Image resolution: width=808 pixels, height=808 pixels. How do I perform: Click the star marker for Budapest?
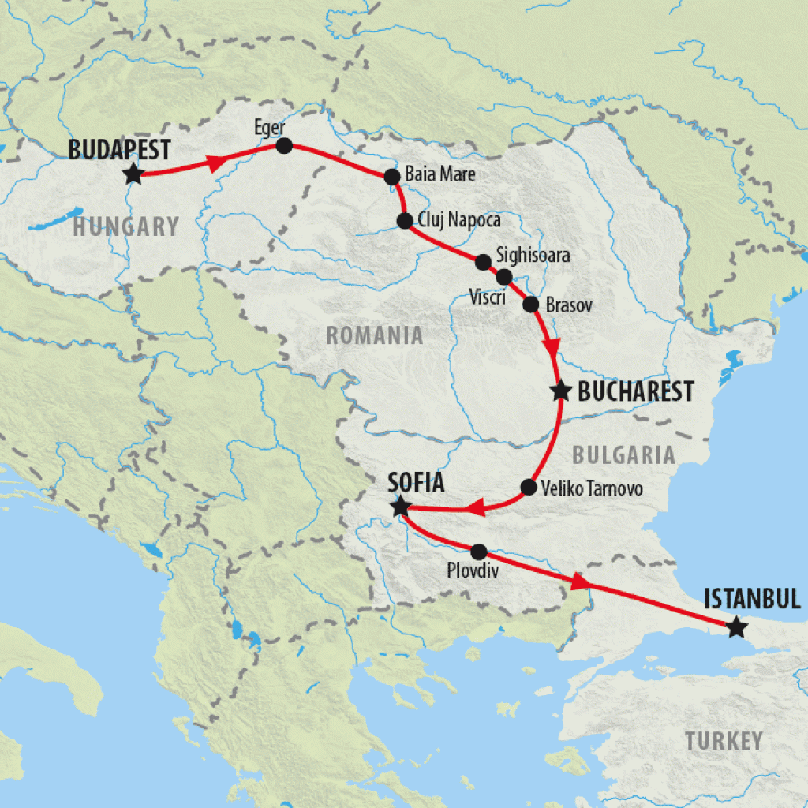133,174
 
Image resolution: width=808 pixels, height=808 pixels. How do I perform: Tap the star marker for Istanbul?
735,628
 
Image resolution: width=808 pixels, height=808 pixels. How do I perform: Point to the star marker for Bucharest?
561,391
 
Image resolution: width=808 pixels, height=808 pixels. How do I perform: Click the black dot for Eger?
284,146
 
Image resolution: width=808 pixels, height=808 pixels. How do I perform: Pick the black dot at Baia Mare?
391,177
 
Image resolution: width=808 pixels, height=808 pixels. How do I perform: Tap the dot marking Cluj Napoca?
405,221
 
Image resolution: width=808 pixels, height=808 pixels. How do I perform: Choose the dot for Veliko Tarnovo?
529,488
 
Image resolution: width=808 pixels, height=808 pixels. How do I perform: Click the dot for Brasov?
530,304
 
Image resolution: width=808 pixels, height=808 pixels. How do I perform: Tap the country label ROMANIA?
375,335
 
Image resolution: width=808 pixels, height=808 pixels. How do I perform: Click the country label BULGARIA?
623,454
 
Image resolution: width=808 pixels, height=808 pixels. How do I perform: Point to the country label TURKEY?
724,741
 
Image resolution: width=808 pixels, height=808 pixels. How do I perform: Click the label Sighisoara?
533,256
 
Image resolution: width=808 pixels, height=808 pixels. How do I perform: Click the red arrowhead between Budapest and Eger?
214,163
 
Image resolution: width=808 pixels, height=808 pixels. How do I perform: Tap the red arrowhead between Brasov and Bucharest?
553,347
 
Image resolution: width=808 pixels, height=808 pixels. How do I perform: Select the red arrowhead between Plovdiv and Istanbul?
580,582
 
